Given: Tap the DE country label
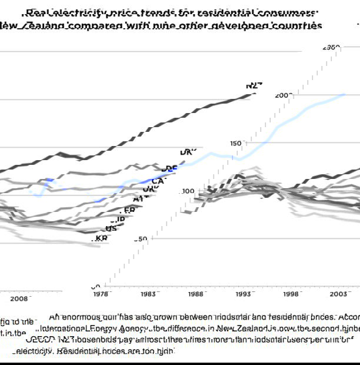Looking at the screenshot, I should pos(169,169).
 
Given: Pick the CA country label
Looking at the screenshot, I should pos(158,181).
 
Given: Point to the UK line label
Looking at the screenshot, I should pos(149,190).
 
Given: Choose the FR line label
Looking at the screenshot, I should pos(129,210).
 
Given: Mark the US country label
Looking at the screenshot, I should pos(111,228).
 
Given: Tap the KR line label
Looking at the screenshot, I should pos(101,238).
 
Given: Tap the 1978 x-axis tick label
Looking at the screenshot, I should pos(101,293).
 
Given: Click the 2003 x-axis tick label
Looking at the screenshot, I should pos(338,293).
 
